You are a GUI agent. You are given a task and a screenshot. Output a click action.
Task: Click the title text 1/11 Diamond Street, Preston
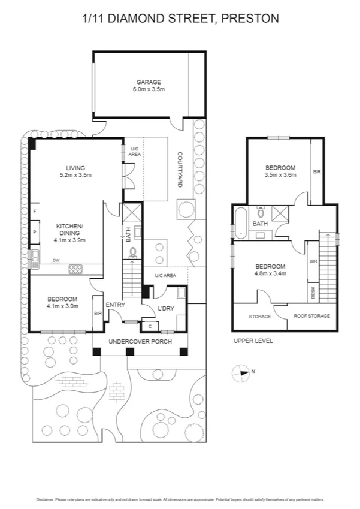click(180, 19)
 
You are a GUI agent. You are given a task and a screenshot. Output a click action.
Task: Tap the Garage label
click(149, 85)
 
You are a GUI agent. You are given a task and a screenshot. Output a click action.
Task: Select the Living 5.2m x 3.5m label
click(76, 171)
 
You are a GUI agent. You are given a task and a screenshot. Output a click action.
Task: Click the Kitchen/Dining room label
click(71, 233)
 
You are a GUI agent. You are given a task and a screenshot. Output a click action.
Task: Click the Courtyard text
click(180, 170)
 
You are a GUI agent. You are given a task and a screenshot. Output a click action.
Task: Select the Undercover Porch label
click(140, 341)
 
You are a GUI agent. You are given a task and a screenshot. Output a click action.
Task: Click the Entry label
click(115, 305)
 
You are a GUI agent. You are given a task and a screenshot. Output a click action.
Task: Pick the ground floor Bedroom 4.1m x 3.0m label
click(62, 303)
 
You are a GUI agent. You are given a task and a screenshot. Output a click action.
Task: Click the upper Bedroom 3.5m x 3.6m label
click(281, 171)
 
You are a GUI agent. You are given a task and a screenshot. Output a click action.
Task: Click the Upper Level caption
click(253, 341)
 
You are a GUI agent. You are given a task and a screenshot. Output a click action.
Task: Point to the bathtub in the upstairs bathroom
click(241, 221)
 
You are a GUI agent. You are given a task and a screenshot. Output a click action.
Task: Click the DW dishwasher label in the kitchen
click(56, 260)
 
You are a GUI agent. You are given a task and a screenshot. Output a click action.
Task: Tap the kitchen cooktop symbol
click(75, 269)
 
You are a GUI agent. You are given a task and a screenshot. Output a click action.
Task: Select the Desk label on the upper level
click(313, 293)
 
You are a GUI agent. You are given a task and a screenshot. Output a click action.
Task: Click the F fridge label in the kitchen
click(35, 212)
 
